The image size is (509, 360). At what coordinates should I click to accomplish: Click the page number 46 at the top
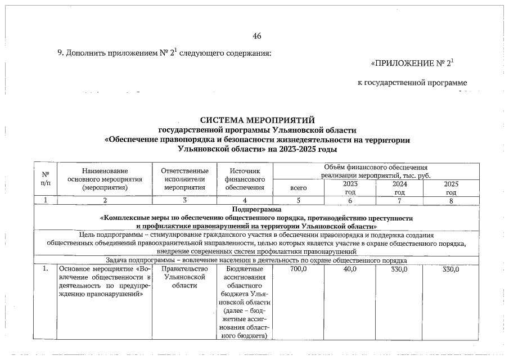click(x=257, y=36)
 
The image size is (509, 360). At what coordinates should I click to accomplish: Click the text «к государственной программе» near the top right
click(x=412, y=83)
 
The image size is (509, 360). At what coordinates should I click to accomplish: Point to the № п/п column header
click(x=46, y=179)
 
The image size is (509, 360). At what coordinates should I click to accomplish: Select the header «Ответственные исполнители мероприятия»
click(x=184, y=179)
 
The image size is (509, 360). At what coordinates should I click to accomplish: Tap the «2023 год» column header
click(x=349, y=188)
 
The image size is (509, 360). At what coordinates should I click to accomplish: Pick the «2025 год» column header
click(x=451, y=188)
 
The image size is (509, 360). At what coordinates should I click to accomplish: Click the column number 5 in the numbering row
click(x=298, y=200)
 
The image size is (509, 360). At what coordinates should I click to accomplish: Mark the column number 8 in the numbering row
click(x=451, y=200)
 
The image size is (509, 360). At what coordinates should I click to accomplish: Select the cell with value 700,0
click(x=298, y=270)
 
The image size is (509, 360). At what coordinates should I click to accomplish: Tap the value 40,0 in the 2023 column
click(x=349, y=270)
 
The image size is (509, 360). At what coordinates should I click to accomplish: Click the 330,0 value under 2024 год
click(x=399, y=270)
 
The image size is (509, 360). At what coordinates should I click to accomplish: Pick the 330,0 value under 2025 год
click(x=451, y=270)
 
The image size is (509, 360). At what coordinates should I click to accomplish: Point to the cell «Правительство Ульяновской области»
click(x=184, y=277)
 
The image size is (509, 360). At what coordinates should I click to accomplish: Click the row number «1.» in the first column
click(x=45, y=270)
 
